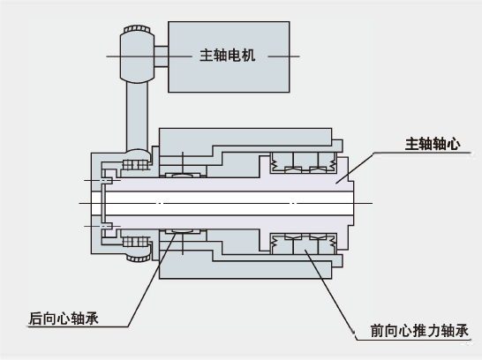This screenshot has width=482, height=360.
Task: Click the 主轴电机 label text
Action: point(227,56)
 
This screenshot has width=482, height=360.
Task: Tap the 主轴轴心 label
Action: point(433,144)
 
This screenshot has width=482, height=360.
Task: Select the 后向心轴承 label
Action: point(64,319)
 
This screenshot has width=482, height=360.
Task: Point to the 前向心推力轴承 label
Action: point(419,331)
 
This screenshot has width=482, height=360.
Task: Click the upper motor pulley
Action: point(137,55)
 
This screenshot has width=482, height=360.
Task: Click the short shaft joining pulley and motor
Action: point(161,56)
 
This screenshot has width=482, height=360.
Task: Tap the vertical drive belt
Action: point(137,116)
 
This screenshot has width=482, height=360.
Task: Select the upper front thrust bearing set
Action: point(304,163)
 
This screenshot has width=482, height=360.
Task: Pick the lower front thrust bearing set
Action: point(304,244)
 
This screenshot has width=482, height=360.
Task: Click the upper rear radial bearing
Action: point(183,175)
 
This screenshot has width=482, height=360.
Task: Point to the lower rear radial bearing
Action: point(183,231)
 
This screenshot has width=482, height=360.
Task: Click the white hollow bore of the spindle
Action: point(227,203)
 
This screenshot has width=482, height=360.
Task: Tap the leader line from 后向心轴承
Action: point(152,280)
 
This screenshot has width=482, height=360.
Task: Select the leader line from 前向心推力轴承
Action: point(330,295)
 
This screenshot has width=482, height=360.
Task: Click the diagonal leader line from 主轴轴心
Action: point(355,168)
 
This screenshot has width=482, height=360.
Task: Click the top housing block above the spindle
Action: point(245,137)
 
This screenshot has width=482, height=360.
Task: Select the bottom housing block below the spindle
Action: point(245,269)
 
